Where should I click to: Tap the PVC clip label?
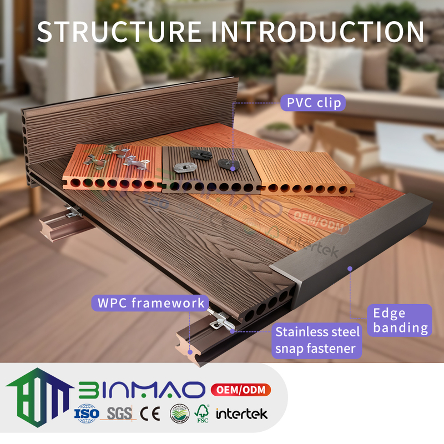coord(312,103)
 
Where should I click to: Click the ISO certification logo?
coord(87,413)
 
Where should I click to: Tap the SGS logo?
coord(118,413)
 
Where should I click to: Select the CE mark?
coord(149,413)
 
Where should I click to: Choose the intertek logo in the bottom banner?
coord(241,413)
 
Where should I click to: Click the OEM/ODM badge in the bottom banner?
coord(240,390)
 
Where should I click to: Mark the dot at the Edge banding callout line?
coord(350,269)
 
